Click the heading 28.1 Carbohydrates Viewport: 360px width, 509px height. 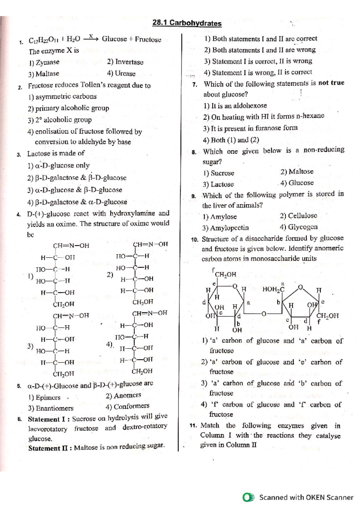187,23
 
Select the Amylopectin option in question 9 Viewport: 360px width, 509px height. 226,228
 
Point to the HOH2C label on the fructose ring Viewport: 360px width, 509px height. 273,289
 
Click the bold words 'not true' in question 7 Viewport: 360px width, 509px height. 331,83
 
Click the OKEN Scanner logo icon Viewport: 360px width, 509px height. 248,497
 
